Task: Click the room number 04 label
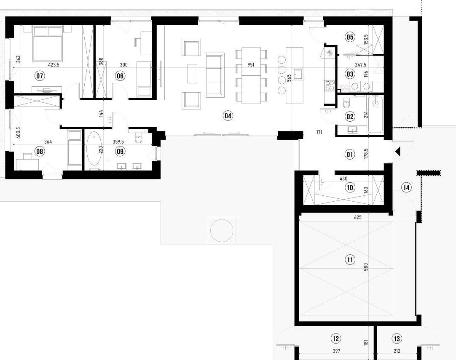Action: click(228, 116)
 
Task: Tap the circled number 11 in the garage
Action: click(350, 259)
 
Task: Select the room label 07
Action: click(40, 76)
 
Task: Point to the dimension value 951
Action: click(251, 65)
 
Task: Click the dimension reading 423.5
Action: click(54, 65)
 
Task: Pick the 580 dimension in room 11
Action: click(366, 267)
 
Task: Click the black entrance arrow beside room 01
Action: click(398, 152)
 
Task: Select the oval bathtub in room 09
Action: click(94, 149)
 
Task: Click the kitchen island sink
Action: click(298, 74)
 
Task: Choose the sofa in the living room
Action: click(215, 75)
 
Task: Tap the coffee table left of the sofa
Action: click(192, 74)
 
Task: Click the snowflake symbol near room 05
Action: click(330, 53)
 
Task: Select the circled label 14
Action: click(407, 187)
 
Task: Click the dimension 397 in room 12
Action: click(336, 351)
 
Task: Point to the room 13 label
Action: click(397, 339)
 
